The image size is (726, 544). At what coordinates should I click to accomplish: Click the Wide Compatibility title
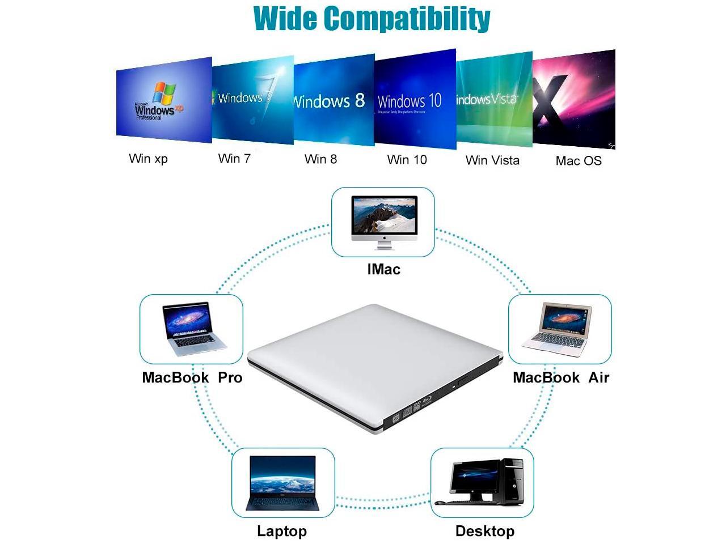point(372,18)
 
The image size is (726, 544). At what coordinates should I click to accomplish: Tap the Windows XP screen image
point(164,100)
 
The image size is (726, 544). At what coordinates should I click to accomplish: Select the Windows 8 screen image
point(334,100)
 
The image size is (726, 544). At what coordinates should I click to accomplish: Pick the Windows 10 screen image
point(415,100)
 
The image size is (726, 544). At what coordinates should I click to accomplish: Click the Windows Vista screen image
point(494,100)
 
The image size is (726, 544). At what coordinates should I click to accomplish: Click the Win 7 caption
point(234,159)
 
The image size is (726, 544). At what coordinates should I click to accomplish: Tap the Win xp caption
point(148,159)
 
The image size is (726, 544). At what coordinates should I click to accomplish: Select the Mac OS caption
point(579,161)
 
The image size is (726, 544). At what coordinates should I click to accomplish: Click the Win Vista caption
point(492,160)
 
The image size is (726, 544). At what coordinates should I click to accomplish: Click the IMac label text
point(383,269)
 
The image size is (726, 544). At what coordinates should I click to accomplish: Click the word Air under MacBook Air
point(598,378)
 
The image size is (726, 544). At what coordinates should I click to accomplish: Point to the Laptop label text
point(282,532)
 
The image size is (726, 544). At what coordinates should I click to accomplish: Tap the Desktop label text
point(485,532)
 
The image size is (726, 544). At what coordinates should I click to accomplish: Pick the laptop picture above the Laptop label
point(282,483)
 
